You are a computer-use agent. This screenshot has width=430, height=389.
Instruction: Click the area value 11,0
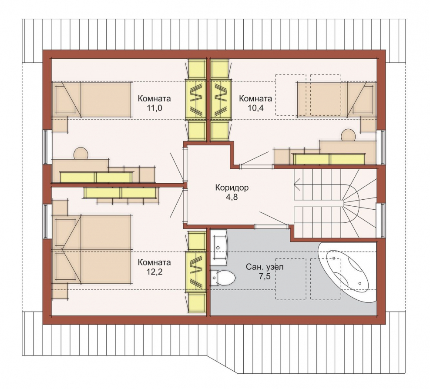coord(155,108)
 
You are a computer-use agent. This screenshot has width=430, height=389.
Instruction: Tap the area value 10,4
coord(255,108)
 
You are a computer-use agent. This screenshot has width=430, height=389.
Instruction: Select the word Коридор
coord(232,188)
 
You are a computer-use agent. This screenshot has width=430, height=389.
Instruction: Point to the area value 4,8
coord(232,197)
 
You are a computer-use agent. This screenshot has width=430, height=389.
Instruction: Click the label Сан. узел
coord(265,267)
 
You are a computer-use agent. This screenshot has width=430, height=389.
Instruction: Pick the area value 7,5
coord(265,276)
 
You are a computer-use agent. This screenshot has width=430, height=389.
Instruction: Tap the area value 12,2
coord(155,272)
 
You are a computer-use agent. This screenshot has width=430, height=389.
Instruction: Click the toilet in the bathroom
coord(223,278)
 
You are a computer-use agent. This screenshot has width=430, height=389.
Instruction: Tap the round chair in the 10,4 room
coord(349,135)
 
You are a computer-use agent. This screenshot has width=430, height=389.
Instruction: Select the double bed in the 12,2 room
coord(91,249)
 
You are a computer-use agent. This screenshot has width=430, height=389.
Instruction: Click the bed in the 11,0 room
coord(91,100)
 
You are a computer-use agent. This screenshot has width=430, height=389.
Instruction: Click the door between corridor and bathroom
coord(272,226)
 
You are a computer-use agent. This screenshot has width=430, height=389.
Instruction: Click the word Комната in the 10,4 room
coord(255,98)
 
